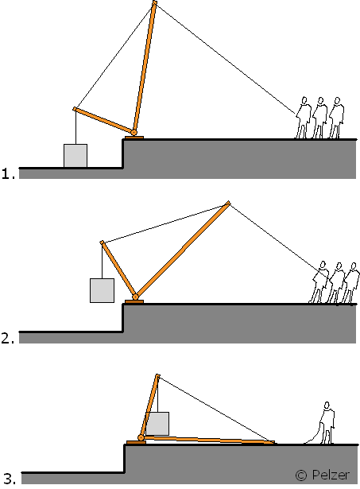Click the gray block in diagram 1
click(75, 156)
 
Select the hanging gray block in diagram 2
click(102, 290)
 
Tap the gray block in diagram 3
click(157, 424)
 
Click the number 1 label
click(8, 173)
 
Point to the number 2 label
click(8, 338)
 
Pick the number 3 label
click(10, 479)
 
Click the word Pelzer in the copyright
click(331, 475)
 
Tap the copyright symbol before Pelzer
click(300, 475)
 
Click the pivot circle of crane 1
click(134, 133)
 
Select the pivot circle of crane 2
click(135, 297)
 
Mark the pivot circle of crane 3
click(141, 438)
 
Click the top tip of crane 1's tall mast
click(154, 2)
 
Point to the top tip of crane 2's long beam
click(228, 203)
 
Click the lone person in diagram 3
click(327, 423)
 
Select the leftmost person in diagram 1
click(303, 117)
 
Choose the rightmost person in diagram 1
click(337, 117)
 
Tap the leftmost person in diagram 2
click(319, 282)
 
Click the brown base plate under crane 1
click(134, 138)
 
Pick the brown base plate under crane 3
click(136, 443)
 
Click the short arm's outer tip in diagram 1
click(75, 109)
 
